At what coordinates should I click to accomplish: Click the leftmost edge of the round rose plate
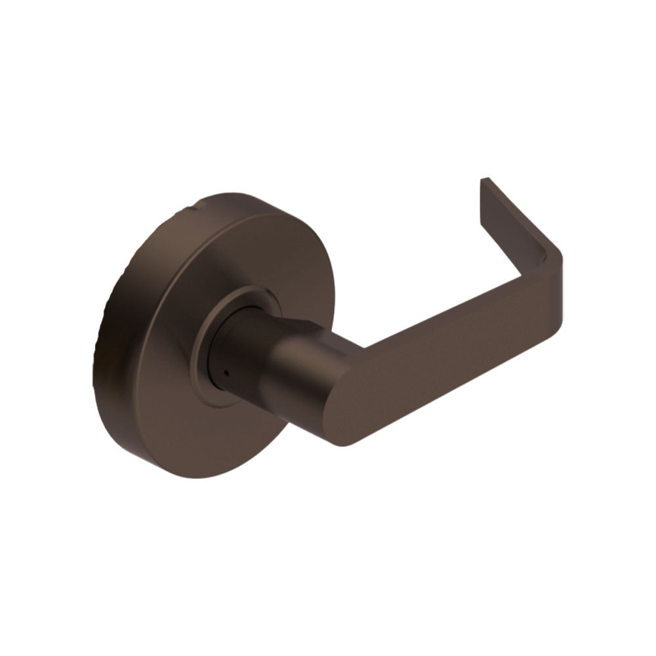[x=93, y=367]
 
